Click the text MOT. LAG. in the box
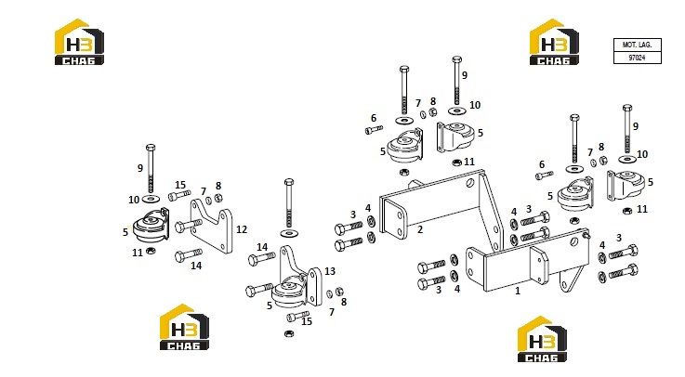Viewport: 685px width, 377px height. (637, 45)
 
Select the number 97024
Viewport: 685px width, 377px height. (637, 58)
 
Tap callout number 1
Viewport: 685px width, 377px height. (518, 291)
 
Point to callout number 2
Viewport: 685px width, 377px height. (420, 229)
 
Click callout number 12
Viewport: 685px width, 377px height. (242, 229)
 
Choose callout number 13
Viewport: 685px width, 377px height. (330, 271)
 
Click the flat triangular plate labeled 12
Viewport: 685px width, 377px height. (212, 226)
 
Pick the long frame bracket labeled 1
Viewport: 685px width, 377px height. (524, 262)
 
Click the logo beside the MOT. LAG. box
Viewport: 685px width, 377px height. (554, 43)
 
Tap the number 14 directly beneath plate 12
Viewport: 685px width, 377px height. (196, 266)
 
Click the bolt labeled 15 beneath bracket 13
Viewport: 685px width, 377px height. (298, 316)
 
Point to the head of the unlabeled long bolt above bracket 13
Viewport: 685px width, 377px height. (289, 182)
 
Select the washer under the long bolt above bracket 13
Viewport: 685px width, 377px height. (290, 233)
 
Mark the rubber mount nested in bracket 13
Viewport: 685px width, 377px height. (289, 292)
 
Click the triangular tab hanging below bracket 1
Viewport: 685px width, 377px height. (570, 279)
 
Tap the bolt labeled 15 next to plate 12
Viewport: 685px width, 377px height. (179, 195)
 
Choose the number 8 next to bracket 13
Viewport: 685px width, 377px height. (344, 302)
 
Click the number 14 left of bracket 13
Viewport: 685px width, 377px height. (262, 247)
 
